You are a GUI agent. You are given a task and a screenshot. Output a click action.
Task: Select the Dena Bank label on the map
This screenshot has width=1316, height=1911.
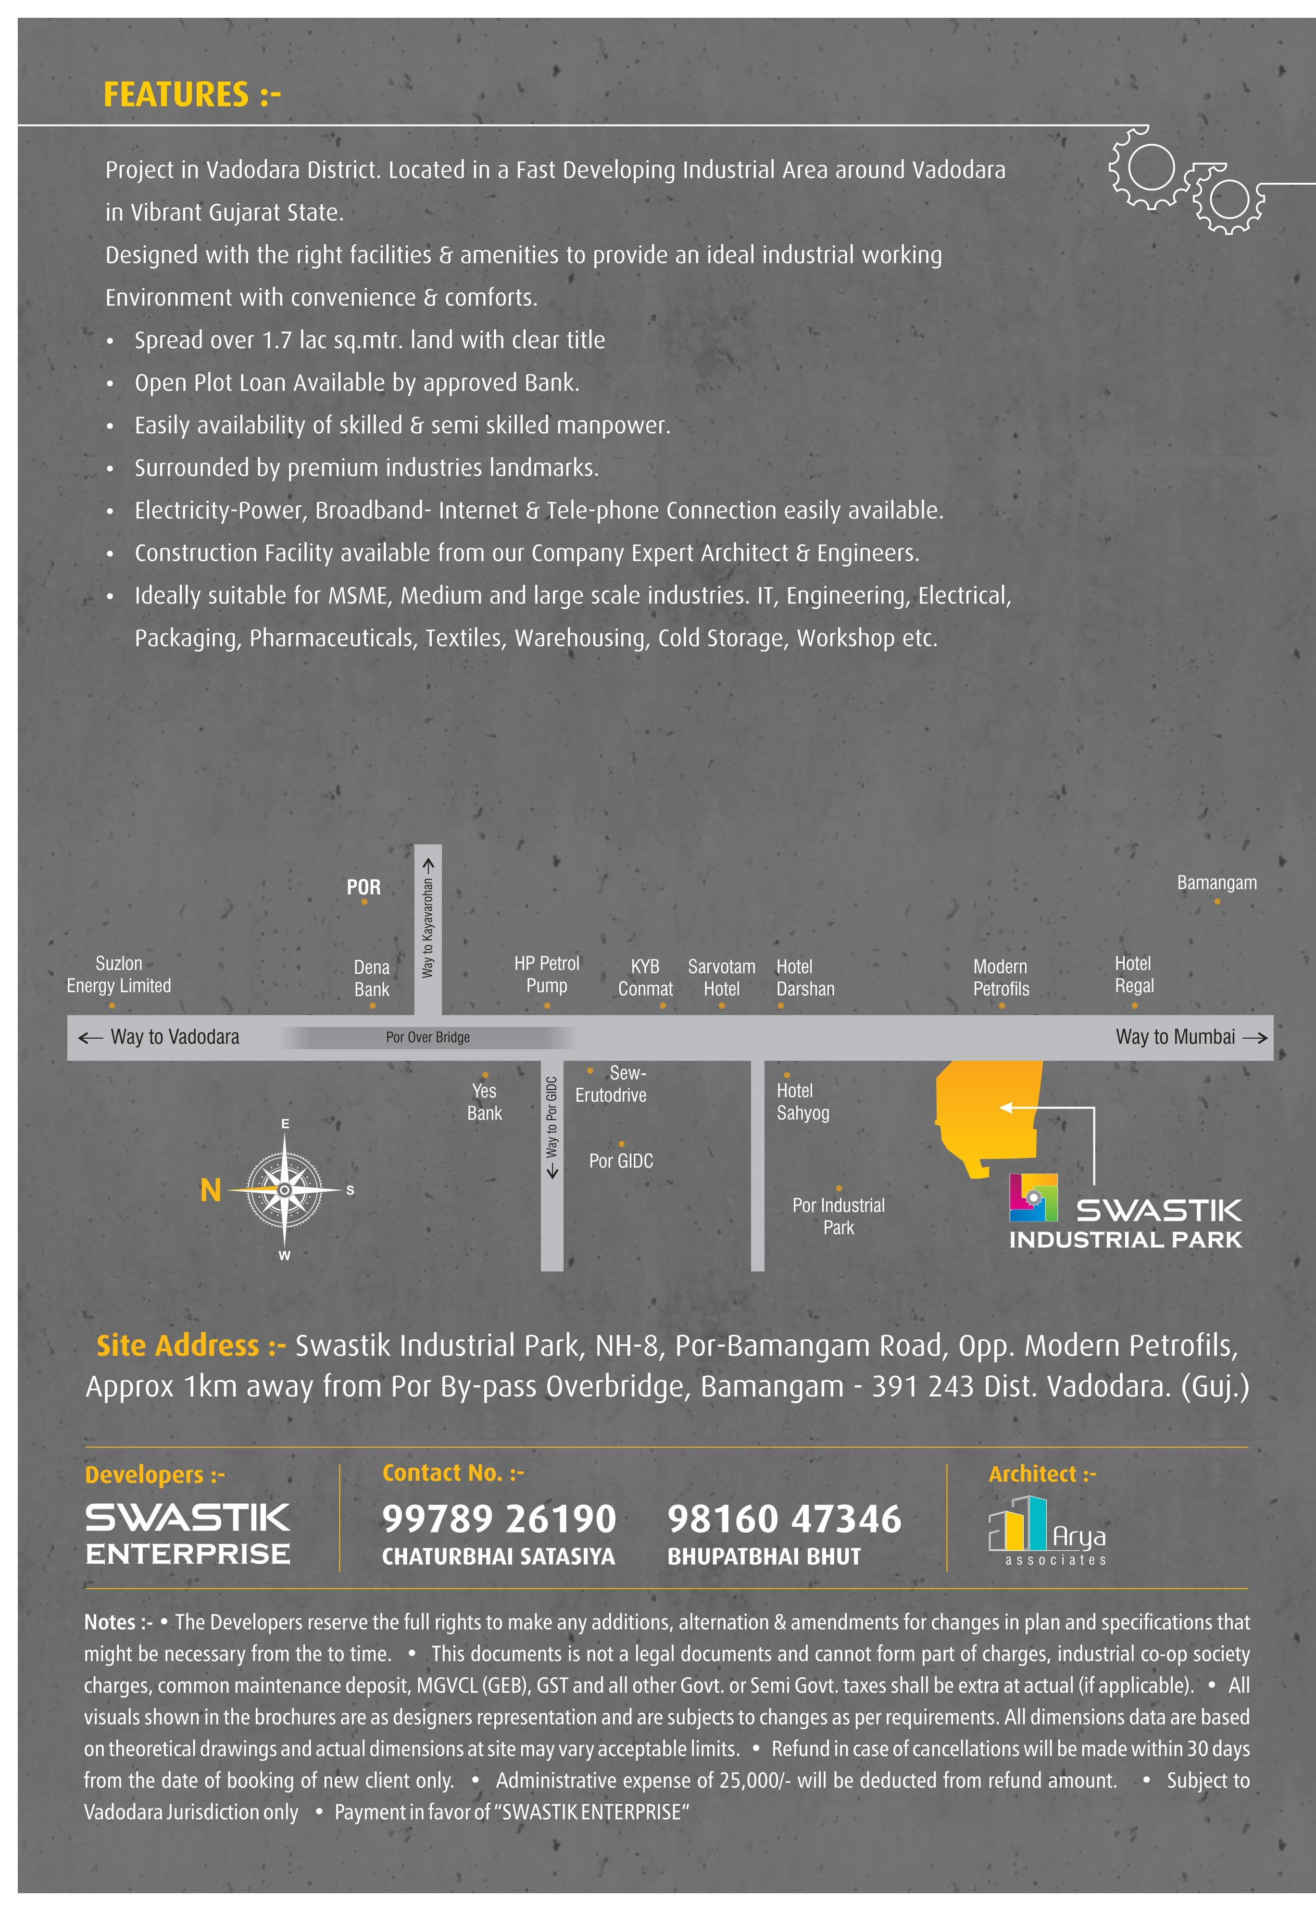click(x=371, y=979)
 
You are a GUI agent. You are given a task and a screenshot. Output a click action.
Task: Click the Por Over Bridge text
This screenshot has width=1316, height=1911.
click(x=428, y=1037)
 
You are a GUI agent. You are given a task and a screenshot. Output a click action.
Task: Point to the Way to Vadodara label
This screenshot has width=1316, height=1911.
click(x=175, y=1037)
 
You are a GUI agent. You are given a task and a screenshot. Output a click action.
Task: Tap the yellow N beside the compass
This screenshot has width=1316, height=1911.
click(x=211, y=1191)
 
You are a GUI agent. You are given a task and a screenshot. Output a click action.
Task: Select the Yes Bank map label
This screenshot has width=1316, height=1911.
click(x=484, y=1102)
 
